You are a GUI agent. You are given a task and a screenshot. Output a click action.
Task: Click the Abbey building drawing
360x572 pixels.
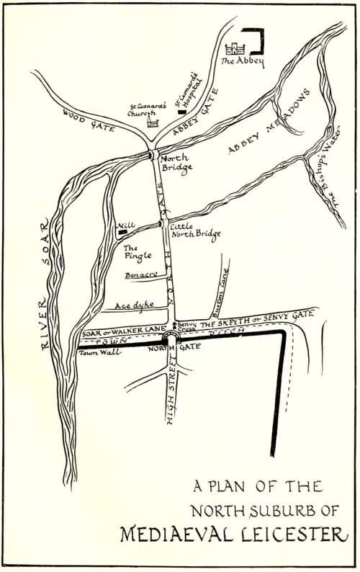[x=234, y=49]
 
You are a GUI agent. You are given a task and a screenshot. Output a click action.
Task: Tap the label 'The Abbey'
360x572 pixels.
[x=242, y=62]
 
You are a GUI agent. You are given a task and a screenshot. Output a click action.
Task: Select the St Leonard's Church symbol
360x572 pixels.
[x=152, y=122]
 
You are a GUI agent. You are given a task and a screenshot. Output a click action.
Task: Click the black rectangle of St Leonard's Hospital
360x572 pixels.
[x=181, y=114]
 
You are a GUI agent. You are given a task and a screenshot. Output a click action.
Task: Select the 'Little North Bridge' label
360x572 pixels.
[x=195, y=230]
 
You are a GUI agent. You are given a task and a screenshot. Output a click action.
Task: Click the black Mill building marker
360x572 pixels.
[x=123, y=233]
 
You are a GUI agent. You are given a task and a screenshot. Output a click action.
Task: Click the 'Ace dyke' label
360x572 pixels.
[x=135, y=305]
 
